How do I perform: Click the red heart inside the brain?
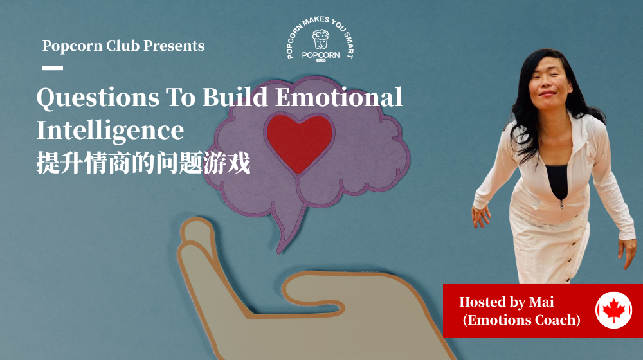click(299, 140)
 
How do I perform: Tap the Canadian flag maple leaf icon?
click(613, 310)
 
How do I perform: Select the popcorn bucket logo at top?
click(320, 40)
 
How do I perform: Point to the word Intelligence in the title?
click(110, 130)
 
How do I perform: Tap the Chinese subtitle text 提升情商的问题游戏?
click(143, 163)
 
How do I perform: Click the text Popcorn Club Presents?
click(123, 46)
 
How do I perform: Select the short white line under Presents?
click(53, 67)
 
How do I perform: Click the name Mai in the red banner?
click(541, 301)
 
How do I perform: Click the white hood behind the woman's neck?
click(582, 122)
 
